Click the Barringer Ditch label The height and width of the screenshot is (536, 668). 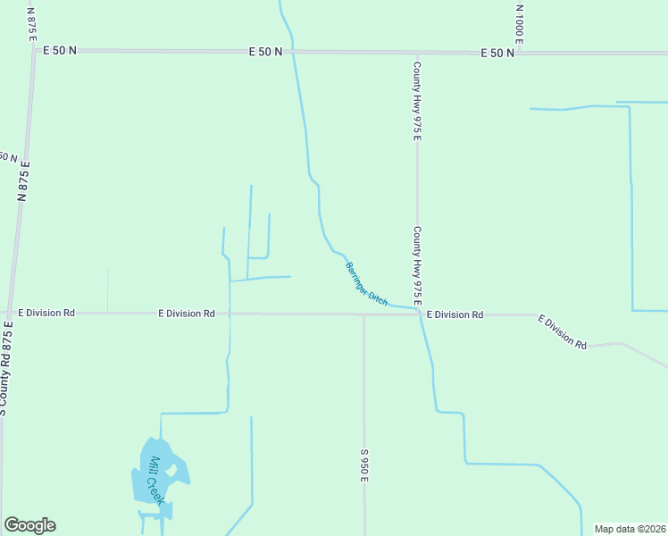click(x=366, y=284)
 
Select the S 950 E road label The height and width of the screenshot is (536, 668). click(x=365, y=465)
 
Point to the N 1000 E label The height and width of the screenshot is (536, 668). click(x=519, y=24)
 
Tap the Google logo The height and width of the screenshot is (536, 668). click(x=29, y=525)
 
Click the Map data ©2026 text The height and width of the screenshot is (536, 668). click(x=630, y=529)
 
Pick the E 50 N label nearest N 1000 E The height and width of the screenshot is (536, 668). click(x=497, y=53)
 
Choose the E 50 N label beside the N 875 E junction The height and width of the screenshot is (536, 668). click(x=60, y=50)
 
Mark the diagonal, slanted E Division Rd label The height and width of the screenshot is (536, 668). click(x=562, y=331)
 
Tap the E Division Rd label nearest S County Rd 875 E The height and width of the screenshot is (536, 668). click(x=46, y=314)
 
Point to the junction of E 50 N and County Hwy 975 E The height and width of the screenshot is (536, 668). click(x=416, y=53)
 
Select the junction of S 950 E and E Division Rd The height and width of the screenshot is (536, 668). click(x=363, y=314)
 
